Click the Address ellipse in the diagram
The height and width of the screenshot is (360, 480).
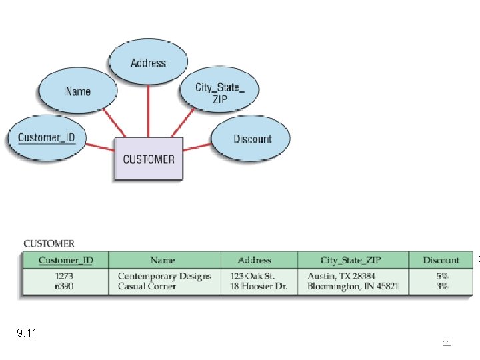coord(148,63)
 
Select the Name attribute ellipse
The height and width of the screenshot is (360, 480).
coord(78,91)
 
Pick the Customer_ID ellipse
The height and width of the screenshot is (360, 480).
coord(46,138)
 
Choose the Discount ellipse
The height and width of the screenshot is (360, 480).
coord(252,139)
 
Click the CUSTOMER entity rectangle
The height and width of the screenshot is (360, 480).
coord(149,159)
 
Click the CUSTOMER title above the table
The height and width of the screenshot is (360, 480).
coord(49,244)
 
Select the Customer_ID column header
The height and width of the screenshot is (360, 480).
coord(65,260)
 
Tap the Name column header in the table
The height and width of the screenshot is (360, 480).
coord(163,260)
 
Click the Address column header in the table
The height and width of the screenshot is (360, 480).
coord(255,260)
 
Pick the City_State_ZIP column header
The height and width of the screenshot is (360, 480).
coord(353,260)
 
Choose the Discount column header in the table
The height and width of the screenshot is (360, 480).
coord(441,260)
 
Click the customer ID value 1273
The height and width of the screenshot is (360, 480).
coord(64,276)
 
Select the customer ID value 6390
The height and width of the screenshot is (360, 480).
coord(64,286)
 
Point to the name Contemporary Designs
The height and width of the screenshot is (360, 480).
coord(164,276)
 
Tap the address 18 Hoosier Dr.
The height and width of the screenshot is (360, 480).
coord(259,286)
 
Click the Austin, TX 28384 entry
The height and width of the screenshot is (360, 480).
coord(341,276)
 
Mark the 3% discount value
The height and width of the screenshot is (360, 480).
coord(442,286)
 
